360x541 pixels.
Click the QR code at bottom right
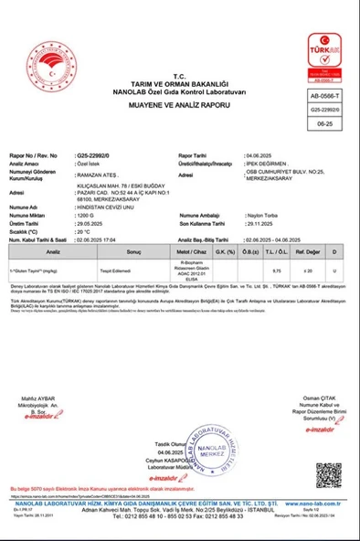click(x=329, y=476)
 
